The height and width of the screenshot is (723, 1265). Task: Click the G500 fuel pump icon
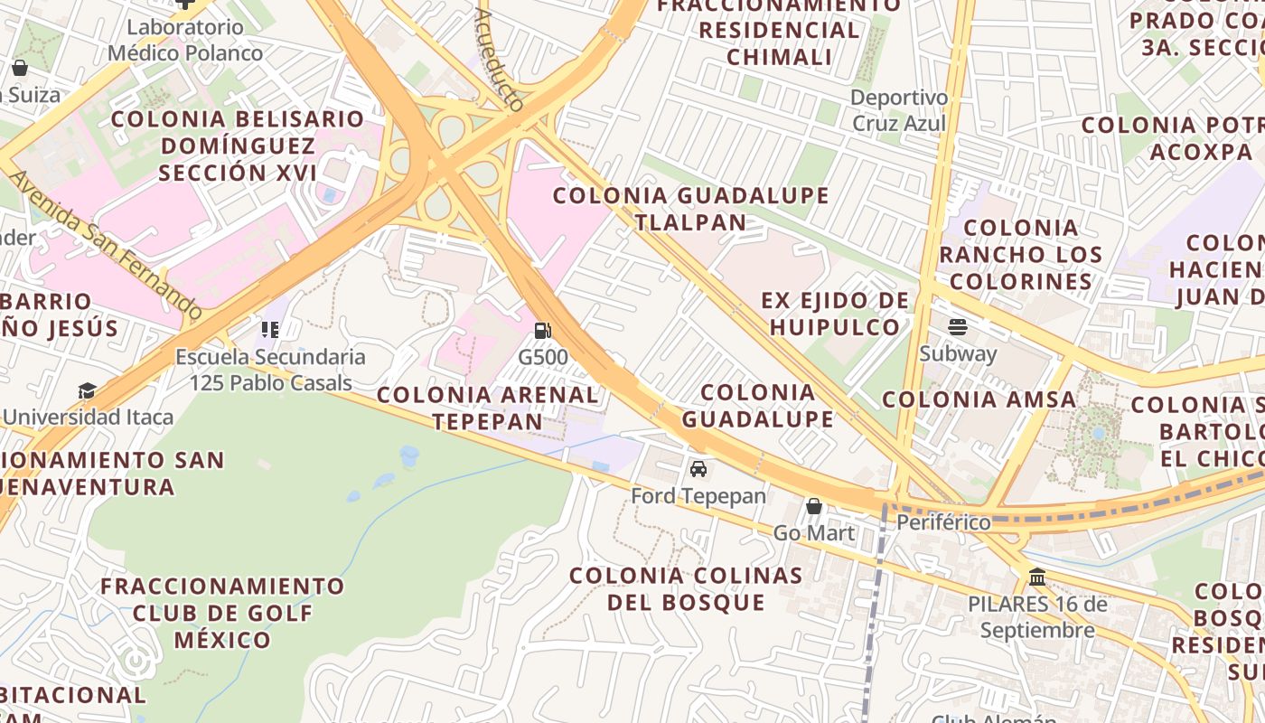[542, 332]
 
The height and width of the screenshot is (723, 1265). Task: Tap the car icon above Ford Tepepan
[698, 469]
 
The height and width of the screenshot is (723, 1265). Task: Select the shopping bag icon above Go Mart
[814, 506]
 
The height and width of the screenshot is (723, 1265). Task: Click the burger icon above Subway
[958, 327]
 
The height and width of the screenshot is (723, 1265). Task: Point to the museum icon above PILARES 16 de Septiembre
[1037, 577]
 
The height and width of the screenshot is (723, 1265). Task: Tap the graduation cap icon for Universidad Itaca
[87, 390]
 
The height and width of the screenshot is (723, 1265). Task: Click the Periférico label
[943, 522]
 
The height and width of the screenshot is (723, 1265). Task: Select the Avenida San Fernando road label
[106, 244]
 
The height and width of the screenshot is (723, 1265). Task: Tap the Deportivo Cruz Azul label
[898, 110]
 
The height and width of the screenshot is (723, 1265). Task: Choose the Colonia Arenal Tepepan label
[487, 408]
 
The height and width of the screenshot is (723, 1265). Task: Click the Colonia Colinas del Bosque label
[686, 588]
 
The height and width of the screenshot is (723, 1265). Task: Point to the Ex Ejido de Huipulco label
[835, 314]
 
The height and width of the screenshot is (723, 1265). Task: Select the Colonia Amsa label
[979, 399]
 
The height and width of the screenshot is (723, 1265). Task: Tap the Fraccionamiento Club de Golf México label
[222, 613]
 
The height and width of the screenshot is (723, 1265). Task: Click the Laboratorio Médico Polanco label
[185, 40]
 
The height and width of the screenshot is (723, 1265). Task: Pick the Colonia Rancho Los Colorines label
[1021, 254]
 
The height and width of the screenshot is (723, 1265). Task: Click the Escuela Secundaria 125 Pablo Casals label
[270, 370]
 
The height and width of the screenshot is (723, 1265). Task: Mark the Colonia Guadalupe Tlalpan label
[691, 209]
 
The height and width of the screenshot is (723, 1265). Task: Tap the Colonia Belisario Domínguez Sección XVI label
[238, 146]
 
